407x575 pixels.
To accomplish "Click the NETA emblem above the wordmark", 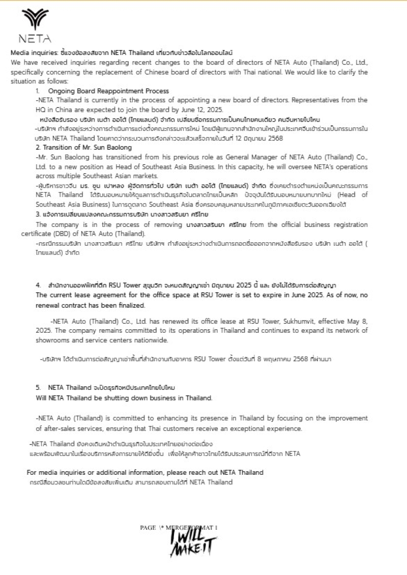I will click(x=35, y=19).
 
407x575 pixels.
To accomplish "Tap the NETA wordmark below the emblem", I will click(x=35, y=39).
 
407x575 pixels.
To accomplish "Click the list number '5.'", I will click(x=39, y=387).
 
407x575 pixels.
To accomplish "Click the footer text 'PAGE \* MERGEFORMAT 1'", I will click(x=179, y=528).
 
